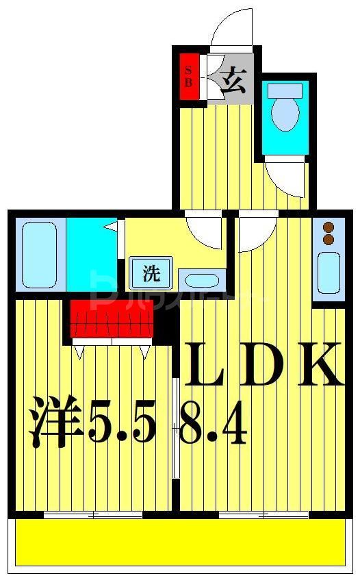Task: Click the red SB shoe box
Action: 189,75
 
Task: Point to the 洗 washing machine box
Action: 151,273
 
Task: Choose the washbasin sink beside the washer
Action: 201,280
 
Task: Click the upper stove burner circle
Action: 328,227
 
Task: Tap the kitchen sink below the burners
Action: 329,273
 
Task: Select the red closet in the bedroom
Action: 112,318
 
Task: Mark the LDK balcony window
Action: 263,514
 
